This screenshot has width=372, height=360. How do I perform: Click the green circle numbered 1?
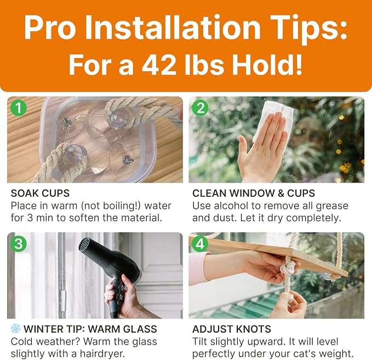(19, 108)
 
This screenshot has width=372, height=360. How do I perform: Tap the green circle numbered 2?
(200, 108)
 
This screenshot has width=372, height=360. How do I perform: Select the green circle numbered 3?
(19, 244)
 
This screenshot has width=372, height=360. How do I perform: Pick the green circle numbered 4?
(200, 244)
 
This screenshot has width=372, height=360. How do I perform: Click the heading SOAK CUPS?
(40, 193)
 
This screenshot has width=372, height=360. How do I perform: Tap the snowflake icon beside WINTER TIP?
(16, 328)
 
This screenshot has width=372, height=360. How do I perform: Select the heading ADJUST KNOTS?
(232, 329)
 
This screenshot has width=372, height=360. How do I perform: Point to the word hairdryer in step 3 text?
(102, 353)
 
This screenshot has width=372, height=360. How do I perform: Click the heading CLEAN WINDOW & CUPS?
(254, 193)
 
